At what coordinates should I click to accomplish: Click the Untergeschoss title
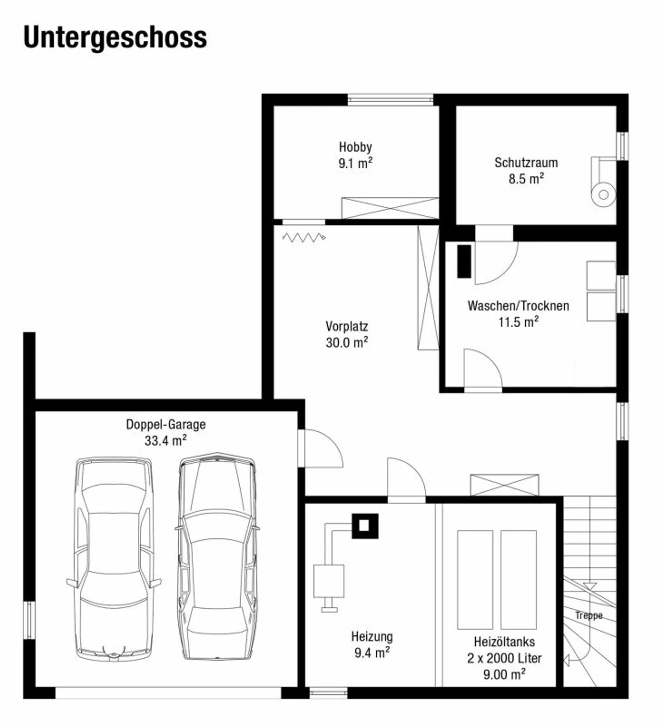point(115,38)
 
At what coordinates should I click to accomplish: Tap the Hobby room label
point(355,147)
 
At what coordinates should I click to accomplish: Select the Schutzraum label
point(526,163)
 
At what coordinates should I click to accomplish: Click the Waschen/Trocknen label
point(518,306)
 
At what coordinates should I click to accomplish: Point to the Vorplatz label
point(346,327)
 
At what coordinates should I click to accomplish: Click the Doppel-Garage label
point(165,425)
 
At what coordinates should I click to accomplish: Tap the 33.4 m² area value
point(165,441)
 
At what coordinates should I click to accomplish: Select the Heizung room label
point(372,637)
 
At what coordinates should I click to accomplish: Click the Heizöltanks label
point(504,642)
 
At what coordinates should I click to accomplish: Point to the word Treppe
point(589,616)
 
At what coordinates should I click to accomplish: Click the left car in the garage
point(114,559)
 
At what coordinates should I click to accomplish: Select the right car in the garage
point(216,557)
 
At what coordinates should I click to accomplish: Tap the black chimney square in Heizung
point(365,526)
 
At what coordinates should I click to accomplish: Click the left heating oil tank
point(475,579)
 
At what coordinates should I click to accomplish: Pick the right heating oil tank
point(518,579)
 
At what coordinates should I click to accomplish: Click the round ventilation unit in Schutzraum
point(603,194)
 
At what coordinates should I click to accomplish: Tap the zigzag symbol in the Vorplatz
point(304,237)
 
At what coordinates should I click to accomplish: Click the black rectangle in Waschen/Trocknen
point(464,261)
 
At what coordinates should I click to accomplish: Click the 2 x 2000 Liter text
point(504,658)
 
